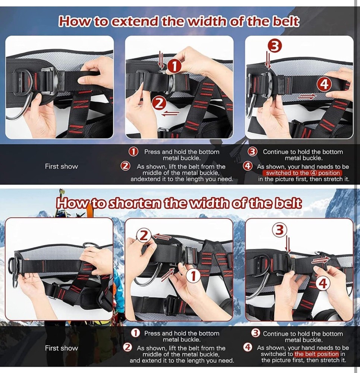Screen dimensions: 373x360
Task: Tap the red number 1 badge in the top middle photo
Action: [174, 66]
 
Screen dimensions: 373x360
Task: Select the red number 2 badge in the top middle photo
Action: [159, 103]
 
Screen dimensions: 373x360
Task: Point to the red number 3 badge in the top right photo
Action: [275, 46]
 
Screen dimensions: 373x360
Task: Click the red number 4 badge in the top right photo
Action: [324, 84]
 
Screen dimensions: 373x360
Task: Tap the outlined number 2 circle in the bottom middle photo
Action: [144, 235]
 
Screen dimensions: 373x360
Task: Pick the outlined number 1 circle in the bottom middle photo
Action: [193, 276]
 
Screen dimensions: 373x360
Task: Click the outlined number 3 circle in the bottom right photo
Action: [280, 230]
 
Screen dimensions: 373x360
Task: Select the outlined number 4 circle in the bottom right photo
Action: [323, 284]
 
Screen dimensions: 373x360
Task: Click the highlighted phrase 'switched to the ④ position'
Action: [301, 173]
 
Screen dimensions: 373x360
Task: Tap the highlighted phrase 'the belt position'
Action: [316, 354]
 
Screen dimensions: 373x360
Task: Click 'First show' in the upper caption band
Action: [61, 166]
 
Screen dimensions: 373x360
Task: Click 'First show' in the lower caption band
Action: [61, 348]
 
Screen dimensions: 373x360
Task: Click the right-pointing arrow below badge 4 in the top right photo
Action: [308, 97]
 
